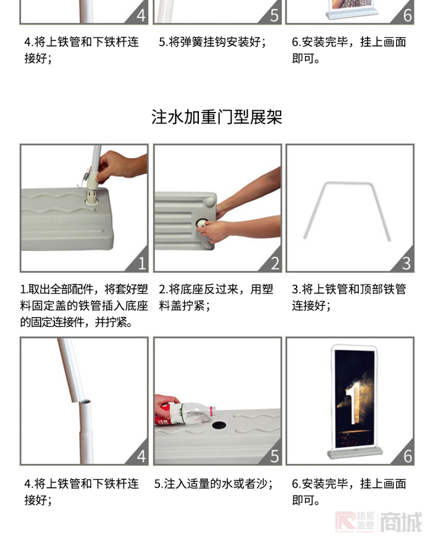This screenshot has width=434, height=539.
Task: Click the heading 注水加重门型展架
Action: (x=217, y=117)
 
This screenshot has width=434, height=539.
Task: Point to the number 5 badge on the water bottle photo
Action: (x=274, y=456)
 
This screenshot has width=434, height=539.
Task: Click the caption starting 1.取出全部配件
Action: (x=83, y=306)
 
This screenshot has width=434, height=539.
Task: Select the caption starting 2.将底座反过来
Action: (x=216, y=297)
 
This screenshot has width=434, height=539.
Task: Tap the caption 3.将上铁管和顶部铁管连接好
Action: (x=349, y=297)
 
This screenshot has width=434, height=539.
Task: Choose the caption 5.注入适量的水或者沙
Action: (x=214, y=484)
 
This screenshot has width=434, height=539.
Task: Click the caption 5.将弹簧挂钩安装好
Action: (x=212, y=42)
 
